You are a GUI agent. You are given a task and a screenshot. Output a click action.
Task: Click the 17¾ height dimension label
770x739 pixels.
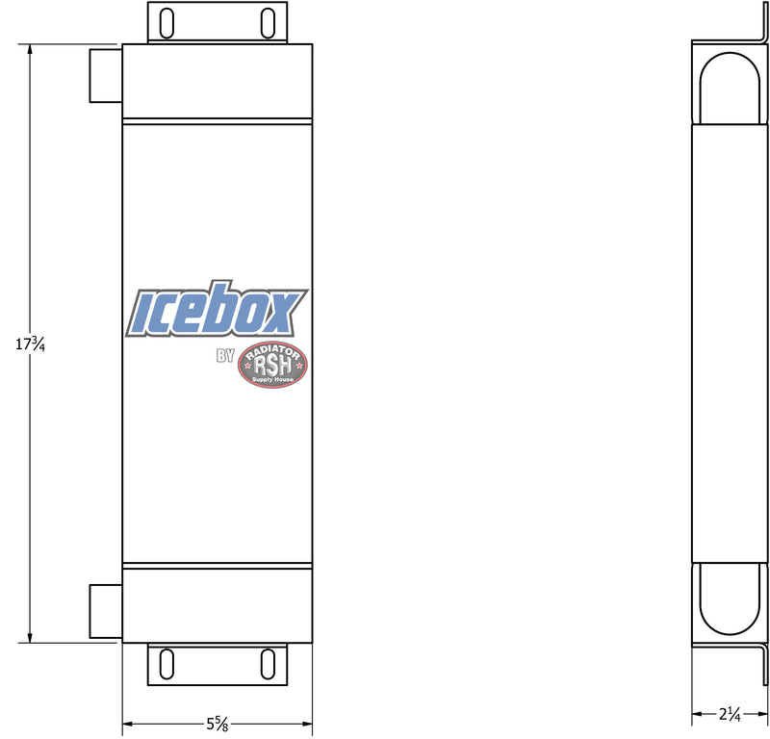[x=31, y=344]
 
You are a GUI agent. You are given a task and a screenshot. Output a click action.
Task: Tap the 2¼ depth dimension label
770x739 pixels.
[x=730, y=714]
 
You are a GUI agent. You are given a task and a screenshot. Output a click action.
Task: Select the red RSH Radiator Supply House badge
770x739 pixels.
[x=273, y=367]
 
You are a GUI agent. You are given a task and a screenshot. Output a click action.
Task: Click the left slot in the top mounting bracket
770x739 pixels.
[x=167, y=22]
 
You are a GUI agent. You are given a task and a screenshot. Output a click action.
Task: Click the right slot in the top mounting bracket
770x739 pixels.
[x=267, y=22]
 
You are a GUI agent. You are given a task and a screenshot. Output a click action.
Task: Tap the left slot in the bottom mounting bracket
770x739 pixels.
[x=167, y=665]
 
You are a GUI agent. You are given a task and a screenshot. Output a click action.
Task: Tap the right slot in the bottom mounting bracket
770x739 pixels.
[x=267, y=665]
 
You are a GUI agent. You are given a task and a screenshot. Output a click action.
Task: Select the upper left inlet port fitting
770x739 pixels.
[x=105, y=74]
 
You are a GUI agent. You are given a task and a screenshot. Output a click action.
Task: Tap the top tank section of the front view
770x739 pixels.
[x=218, y=82]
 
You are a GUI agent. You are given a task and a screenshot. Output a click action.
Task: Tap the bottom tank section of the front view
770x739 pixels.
[x=218, y=604]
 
